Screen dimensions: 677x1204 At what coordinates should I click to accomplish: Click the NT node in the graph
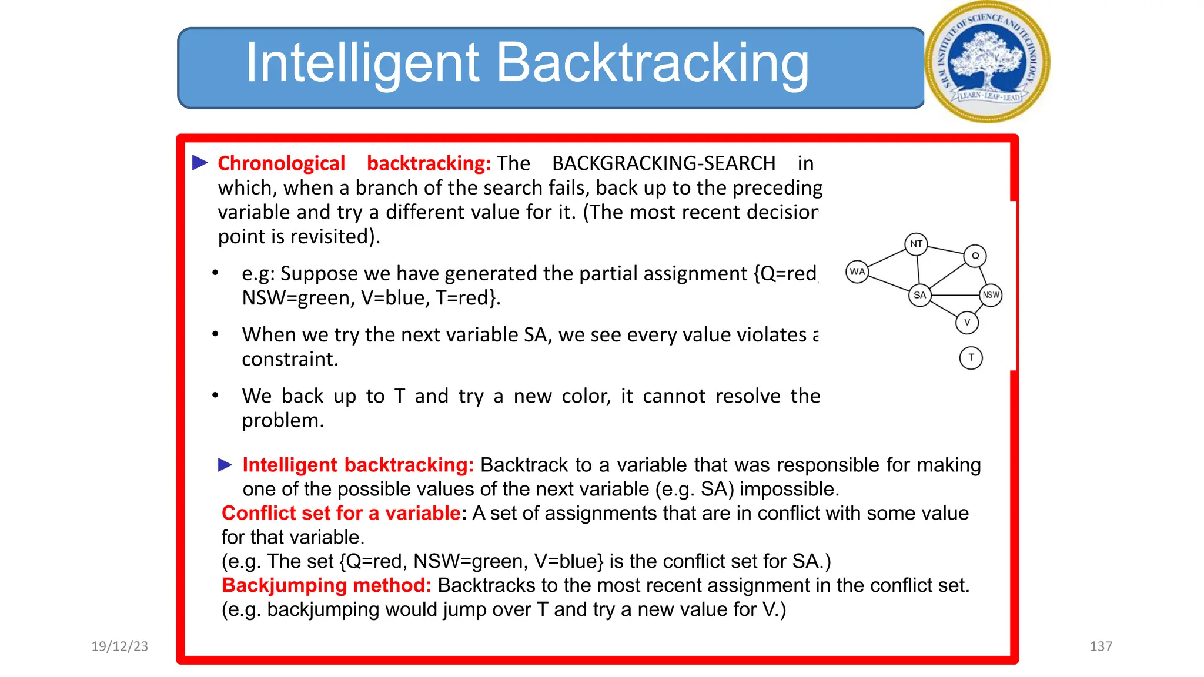pyautogui.click(x=916, y=244)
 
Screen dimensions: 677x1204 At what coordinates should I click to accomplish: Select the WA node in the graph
pyautogui.click(x=857, y=272)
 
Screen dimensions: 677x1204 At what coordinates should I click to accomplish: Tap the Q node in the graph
pyautogui.click(x=975, y=256)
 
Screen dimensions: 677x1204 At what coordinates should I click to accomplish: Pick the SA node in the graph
pyautogui.click(x=919, y=295)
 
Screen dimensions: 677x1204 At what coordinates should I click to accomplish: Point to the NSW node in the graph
pyautogui.click(x=991, y=295)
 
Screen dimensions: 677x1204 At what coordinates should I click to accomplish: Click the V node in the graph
pyautogui.click(x=967, y=322)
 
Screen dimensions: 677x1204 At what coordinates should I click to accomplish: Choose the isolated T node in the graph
pyautogui.click(x=971, y=357)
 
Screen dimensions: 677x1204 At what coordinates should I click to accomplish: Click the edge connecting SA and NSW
pyautogui.click(x=955, y=295)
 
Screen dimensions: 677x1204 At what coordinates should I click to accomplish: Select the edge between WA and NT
pyautogui.click(x=887, y=259)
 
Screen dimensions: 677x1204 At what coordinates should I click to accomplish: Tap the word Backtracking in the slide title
pyautogui.click(x=653, y=63)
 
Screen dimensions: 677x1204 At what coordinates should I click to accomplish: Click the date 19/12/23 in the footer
pyautogui.click(x=120, y=646)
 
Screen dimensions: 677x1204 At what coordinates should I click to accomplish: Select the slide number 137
pyautogui.click(x=1101, y=646)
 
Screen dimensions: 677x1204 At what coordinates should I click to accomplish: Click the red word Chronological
pyautogui.click(x=281, y=163)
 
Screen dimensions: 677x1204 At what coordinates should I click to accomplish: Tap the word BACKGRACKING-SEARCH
pyautogui.click(x=663, y=163)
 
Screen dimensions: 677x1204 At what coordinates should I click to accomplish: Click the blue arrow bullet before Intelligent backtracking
pyautogui.click(x=225, y=465)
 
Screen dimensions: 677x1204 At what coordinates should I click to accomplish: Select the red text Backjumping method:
pyautogui.click(x=326, y=585)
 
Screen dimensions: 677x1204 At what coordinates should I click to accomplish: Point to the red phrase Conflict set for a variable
pyautogui.click(x=341, y=513)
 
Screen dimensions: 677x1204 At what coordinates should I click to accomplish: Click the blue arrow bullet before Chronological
pyautogui.click(x=200, y=163)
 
